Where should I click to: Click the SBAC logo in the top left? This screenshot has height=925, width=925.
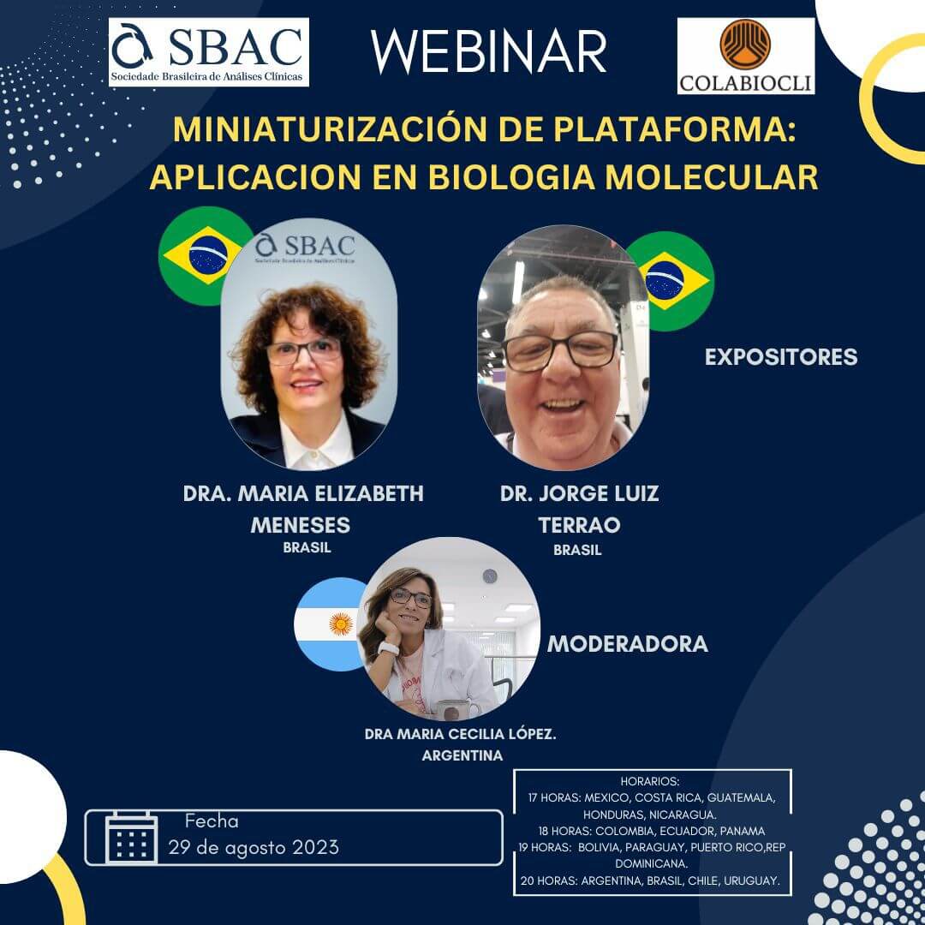[x=209, y=52]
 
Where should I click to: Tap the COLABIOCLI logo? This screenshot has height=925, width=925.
[x=745, y=56]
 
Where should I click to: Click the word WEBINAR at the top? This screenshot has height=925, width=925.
[x=489, y=51]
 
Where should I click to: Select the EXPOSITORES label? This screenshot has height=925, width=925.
[x=780, y=357]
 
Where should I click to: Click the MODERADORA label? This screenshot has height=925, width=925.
[x=627, y=644]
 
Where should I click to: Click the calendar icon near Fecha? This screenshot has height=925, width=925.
[x=131, y=838]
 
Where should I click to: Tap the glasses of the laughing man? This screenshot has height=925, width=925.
[x=559, y=350]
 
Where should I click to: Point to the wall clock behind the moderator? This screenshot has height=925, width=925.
[x=489, y=576]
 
